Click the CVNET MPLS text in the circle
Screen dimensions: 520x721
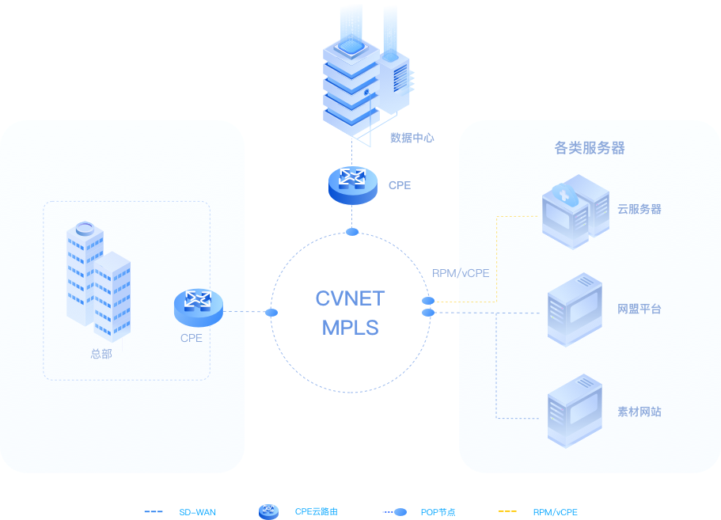tap(350, 312)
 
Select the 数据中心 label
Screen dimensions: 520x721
tap(412, 138)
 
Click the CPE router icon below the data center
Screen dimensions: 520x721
tap(353, 184)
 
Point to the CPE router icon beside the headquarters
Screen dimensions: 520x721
tap(198, 306)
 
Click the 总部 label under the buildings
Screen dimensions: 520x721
tap(101, 354)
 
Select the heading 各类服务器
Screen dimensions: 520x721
tap(590, 147)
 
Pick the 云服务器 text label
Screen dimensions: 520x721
tap(639, 210)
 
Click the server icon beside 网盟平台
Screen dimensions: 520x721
tap(575, 309)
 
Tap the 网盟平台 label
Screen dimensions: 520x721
tap(639, 309)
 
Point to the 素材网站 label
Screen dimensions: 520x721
tap(639, 412)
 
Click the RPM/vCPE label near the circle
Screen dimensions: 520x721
tap(461, 273)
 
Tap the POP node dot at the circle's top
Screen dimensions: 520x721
tap(352, 232)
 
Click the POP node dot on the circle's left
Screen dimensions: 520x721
tap(271, 313)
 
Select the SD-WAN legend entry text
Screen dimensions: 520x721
tap(197, 512)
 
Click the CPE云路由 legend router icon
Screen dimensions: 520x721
tap(268, 511)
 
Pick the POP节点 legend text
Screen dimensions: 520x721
tap(438, 512)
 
